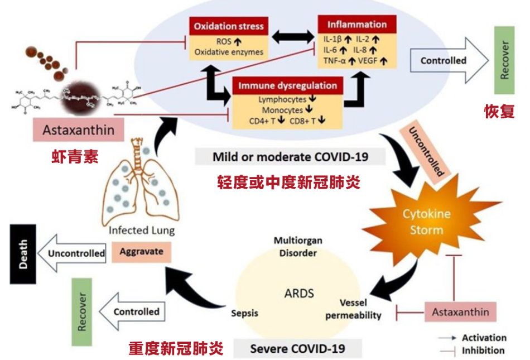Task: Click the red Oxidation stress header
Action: [229, 26]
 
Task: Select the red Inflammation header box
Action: [356, 25]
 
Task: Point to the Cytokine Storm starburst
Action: [427, 222]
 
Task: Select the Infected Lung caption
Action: [142, 230]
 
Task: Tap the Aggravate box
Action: [141, 251]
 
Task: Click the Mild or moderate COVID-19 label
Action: [290, 156]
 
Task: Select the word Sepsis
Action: [245, 313]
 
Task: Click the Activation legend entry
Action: [484, 338]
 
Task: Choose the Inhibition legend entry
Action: [483, 351]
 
